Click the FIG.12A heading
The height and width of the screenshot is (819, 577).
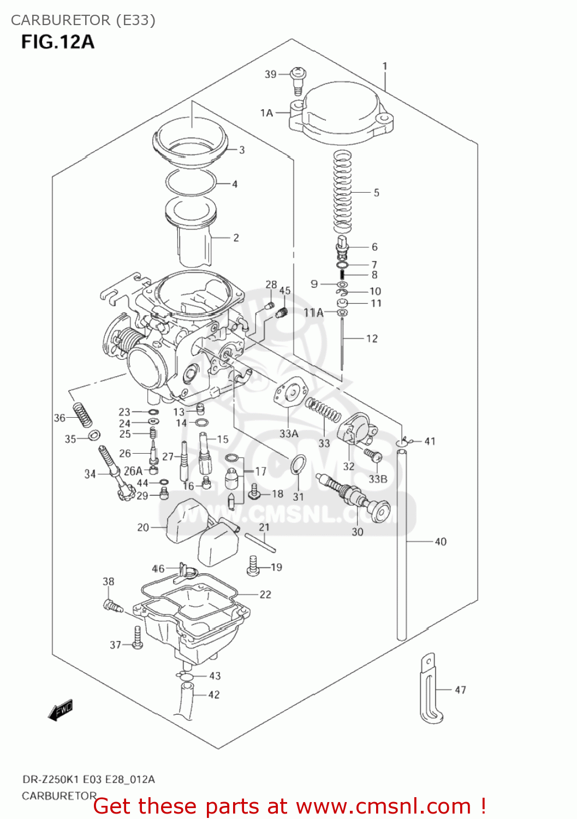pos(58,42)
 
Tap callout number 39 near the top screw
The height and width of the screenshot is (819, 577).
pos(270,74)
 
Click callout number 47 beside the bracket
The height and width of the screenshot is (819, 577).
pos(460,690)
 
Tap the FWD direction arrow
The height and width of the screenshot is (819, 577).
pos(60,710)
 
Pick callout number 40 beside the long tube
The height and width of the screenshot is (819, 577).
pos(440,542)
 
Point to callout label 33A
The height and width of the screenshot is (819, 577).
pos(289,434)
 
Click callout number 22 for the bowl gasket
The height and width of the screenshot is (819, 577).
pos(265,595)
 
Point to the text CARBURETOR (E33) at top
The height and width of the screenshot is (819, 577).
pos(83,20)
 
